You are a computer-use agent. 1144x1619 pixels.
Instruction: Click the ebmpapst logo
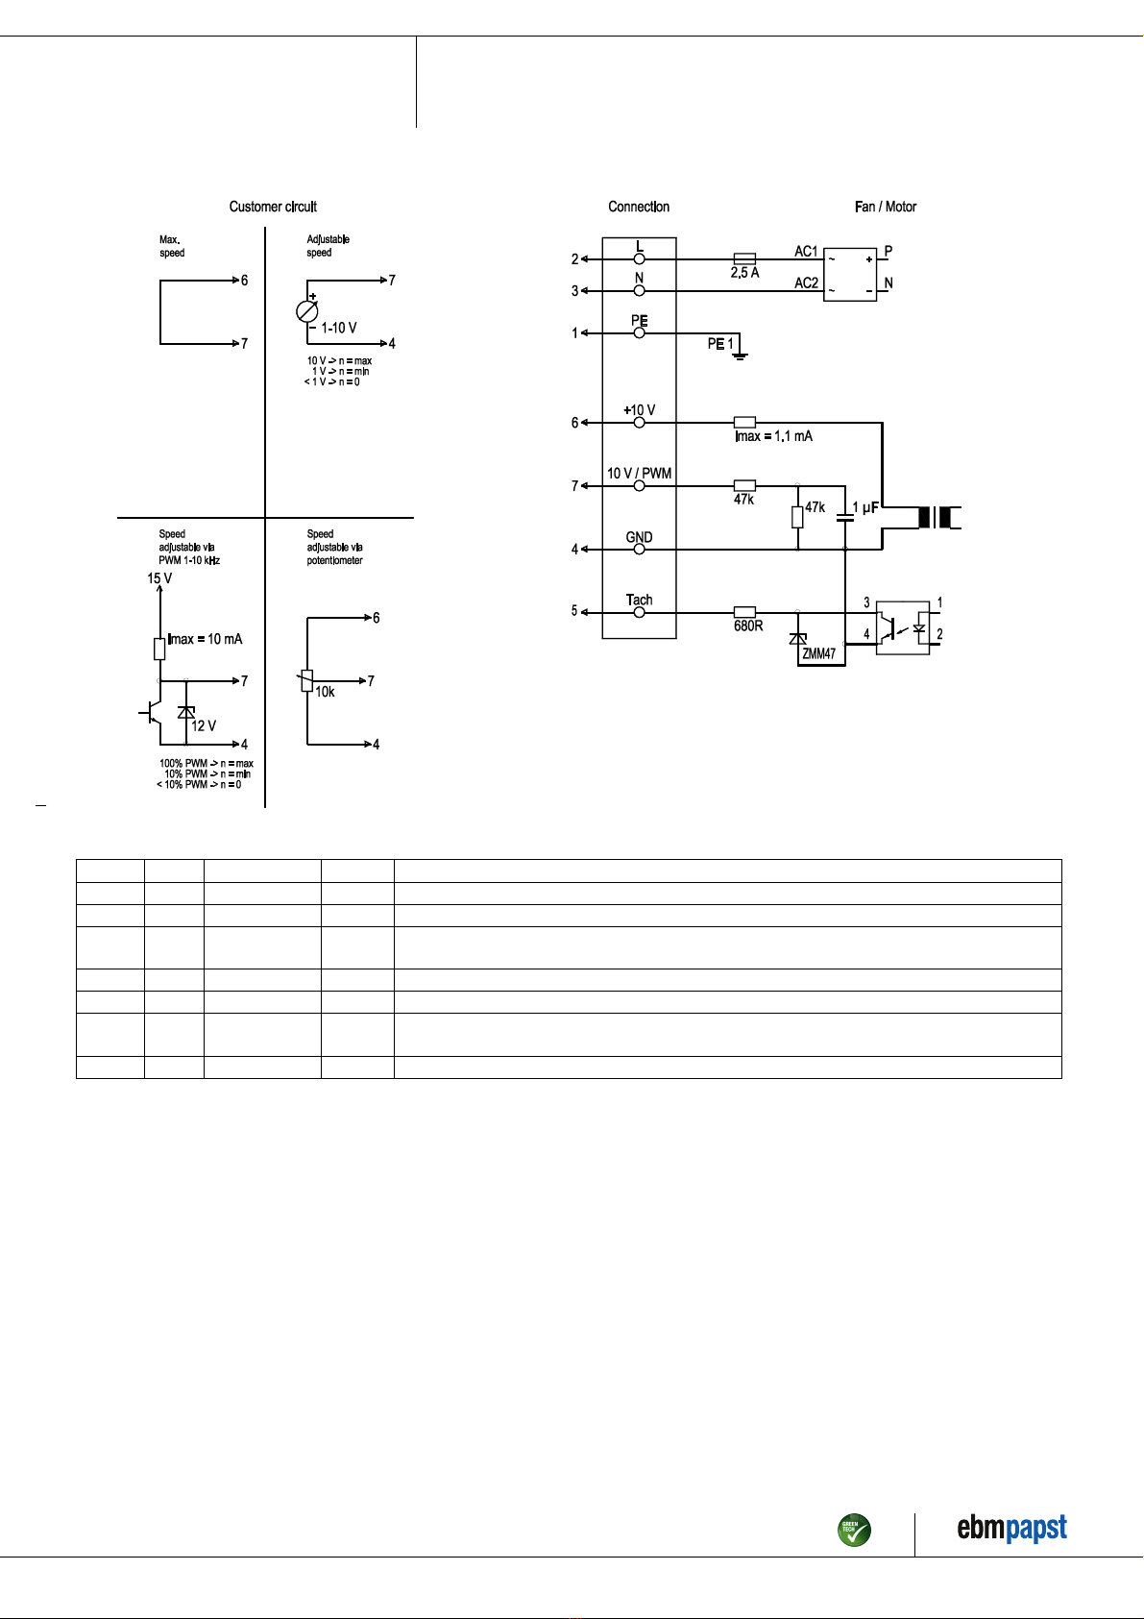(1011, 1528)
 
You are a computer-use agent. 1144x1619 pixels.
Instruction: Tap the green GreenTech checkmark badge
(854, 1530)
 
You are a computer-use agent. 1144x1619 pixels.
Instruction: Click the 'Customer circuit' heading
(273, 207)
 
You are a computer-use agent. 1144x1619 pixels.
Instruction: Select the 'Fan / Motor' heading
(886, 207)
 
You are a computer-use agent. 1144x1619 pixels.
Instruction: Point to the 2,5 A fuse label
(744, 273)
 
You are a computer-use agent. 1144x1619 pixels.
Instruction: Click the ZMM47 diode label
(818, 653)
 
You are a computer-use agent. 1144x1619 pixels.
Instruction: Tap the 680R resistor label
(748, 626)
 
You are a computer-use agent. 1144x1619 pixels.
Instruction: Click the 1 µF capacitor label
(865, 508)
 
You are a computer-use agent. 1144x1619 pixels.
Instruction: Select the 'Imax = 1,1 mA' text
(773, 436)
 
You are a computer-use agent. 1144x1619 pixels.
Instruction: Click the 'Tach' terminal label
(639, 600)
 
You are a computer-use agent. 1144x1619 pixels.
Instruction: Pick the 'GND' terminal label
(639, 537)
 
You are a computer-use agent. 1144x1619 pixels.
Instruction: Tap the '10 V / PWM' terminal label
(639, 474)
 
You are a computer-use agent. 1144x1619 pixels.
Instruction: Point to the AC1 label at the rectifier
(806, 252)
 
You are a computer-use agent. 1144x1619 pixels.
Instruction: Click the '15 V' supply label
(159, 578)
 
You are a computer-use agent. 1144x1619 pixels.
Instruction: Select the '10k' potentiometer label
(325, 693)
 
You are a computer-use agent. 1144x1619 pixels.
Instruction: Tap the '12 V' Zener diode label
(204, 725)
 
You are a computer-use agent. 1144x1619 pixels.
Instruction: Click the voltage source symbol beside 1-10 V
(307, 311)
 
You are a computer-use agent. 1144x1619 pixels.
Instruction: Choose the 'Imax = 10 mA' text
(206, 639)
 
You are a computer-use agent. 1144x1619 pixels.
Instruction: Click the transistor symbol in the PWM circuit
(151, 713)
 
